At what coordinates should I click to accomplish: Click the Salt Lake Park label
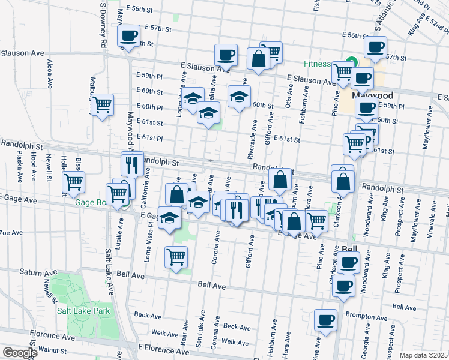[x=83, y=311]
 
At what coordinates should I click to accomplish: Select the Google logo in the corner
[x=19, y=353]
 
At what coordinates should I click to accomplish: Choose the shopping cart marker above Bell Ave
[x=176, y=257]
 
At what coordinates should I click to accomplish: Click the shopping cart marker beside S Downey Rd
[x=103, y=104]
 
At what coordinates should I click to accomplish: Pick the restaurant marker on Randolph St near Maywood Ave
[x=132, y=163]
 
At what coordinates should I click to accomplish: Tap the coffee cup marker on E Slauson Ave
[x=226, y=55]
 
